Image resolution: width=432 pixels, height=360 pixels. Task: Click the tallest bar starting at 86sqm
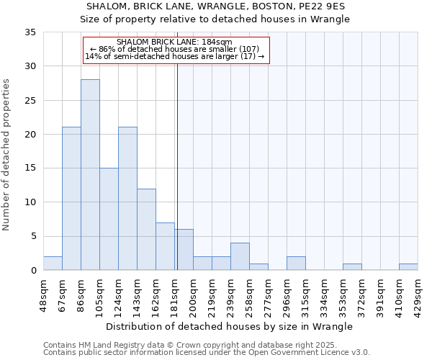pos(90,175)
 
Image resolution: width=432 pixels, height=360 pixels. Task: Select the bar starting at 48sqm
pos(53,264)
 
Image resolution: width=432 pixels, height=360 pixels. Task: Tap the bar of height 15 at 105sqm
pos(109,219)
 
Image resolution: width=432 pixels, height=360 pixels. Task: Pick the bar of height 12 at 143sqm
pos(146,230)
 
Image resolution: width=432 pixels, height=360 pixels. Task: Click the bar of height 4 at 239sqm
pos(240,256)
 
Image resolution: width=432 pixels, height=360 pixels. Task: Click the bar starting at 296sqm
pos(296,264)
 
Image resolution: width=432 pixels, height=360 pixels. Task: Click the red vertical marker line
pos(177,180)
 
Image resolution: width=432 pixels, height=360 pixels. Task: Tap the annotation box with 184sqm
pos(176,50)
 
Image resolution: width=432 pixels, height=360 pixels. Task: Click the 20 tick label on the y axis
pos(30,135)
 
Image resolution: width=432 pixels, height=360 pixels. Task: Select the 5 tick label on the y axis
pos(34,237)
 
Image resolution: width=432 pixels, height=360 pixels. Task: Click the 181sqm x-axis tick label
pos(174,295)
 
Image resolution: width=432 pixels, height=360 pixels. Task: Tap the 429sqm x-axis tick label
pos(418,295)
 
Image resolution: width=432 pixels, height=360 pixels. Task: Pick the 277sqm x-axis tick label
pos(268,295)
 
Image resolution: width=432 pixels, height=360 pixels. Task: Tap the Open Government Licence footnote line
pos(207,353)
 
